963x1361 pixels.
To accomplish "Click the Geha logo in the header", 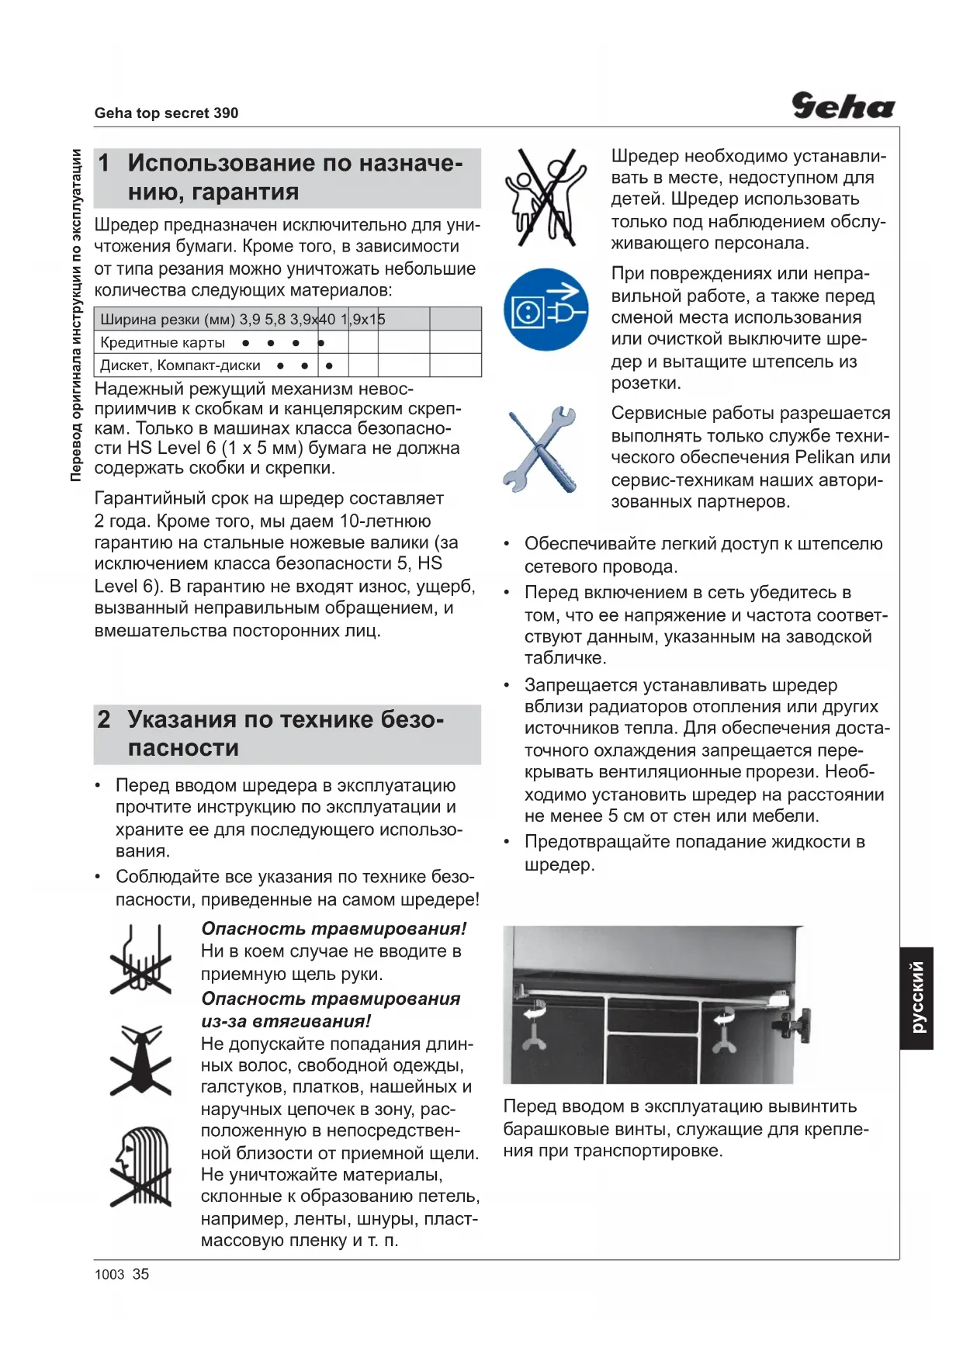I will point(842,106).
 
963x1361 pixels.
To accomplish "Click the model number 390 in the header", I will point(226,113).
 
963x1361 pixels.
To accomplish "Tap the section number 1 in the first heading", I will point(105,163).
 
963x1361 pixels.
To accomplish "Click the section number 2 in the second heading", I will point(105,719).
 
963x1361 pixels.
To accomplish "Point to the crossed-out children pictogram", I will point(546,197).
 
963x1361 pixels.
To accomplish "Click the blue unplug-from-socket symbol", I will point(546,310).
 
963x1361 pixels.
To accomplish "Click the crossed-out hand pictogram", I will point(140,959).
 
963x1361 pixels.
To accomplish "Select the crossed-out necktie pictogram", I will point(140,1059).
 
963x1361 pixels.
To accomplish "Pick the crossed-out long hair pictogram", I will point(140,1166).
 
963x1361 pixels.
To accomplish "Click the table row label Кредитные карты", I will point(163,343).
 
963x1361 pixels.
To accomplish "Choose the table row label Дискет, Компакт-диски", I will point(180,365).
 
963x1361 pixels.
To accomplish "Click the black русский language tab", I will point(916,998).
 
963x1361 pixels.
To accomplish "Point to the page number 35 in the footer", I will point(140,1274).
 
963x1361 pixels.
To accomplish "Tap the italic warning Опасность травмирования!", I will point(334,929).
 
